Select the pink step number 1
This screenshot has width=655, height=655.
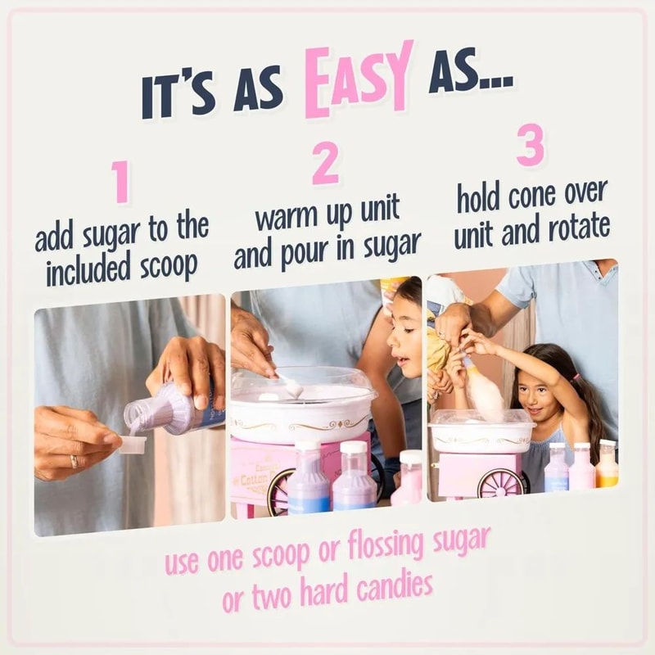click(122, 182)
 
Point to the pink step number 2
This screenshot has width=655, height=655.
click(325, 163)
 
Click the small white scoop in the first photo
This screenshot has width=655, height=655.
click(132, 445)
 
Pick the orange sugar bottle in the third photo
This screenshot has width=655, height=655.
click(607, 466)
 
